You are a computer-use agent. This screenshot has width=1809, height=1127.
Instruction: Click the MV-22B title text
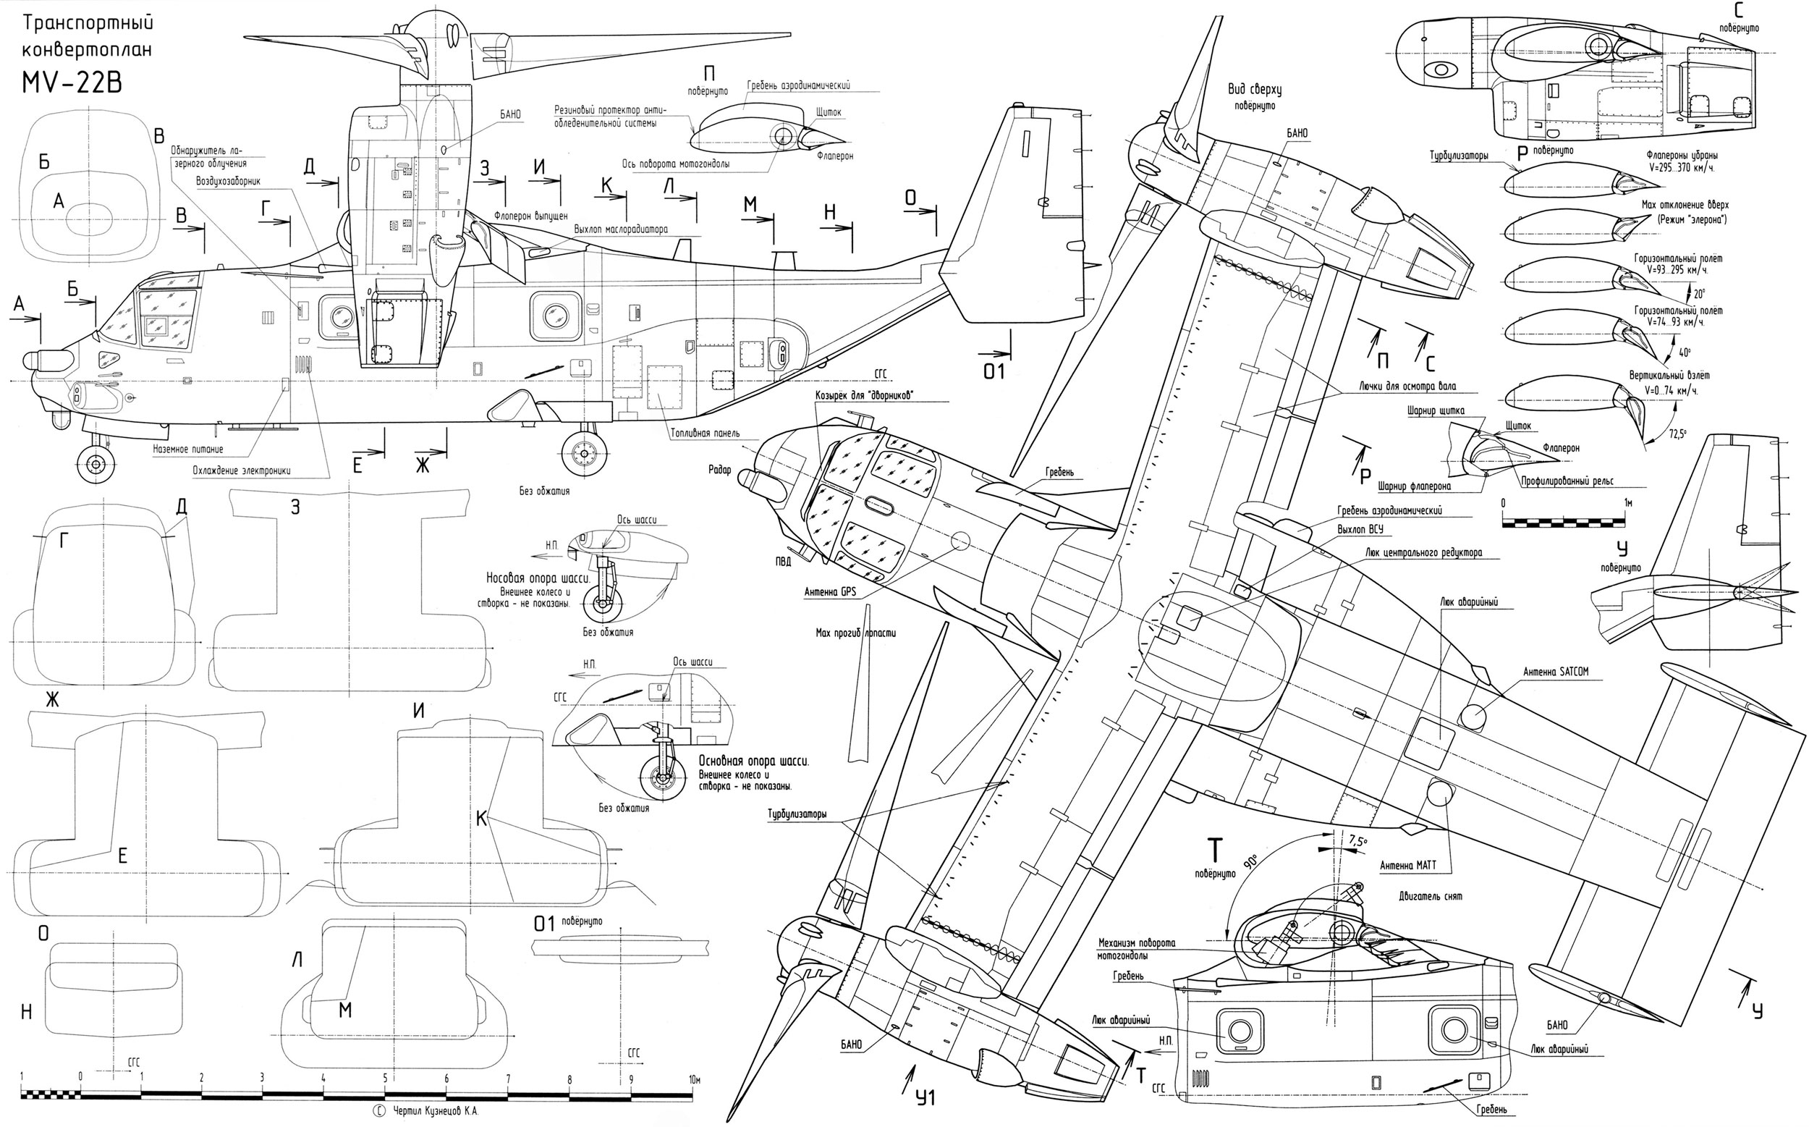pyautogui.click(x=71, y=82)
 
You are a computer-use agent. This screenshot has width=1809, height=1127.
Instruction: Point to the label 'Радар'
pyautogui.click(x=720, y=470)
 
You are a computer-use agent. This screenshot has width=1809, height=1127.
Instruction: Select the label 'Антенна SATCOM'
pyautogui.click(x=1555, y=672)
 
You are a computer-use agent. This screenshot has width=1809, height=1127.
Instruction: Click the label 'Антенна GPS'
pyautogui.click(x=830, y=592)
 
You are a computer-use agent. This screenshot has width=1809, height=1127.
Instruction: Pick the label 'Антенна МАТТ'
pyautogui.click(x=1407, y=866)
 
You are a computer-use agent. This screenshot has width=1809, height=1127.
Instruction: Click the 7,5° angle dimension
pyautogui.click(x=1357, y=841)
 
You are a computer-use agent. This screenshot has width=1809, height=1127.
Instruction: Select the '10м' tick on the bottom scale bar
pyautogui.click(x=694, y=1079)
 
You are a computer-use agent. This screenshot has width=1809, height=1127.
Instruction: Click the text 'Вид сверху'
pyautogui.click(x=1255, y=90)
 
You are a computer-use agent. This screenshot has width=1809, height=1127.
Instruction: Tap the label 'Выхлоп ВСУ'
pyautogui.click(x=1360, y=529)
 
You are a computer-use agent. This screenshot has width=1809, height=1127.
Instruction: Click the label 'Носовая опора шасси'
pyautogui.click(x=538, y=578)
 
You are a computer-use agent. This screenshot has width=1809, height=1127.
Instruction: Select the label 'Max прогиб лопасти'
pyautogui.click(x=855, y=633)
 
